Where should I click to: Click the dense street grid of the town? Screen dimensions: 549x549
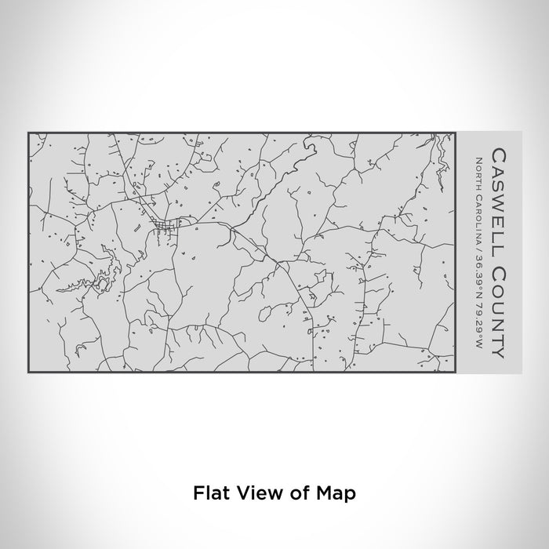click(166, 227)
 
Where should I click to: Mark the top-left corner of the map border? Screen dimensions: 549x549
click(28, 133)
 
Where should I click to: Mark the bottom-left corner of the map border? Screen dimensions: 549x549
click(28, 373)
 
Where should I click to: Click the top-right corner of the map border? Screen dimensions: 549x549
click(454, 133)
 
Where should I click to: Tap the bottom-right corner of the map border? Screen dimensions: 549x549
click(454, 373)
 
